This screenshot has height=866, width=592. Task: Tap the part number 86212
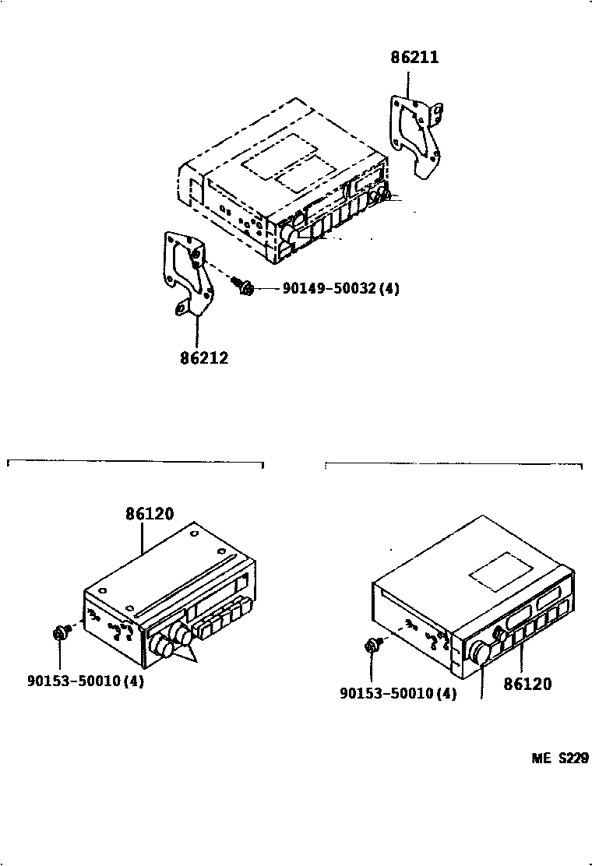(204, 359)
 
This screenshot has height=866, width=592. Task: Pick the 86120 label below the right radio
(527, 685)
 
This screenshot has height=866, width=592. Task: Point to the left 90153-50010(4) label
(86, 680)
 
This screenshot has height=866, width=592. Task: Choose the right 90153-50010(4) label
(398, 693)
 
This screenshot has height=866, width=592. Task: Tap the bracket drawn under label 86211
(416, 136)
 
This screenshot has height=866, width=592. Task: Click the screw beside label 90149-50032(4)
(244, 288)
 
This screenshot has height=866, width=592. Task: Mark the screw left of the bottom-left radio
(60, 634)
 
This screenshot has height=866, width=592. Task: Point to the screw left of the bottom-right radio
(372, 646)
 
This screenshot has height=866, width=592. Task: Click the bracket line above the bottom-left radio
(136, 463)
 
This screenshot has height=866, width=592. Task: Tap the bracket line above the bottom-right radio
(453, 465)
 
